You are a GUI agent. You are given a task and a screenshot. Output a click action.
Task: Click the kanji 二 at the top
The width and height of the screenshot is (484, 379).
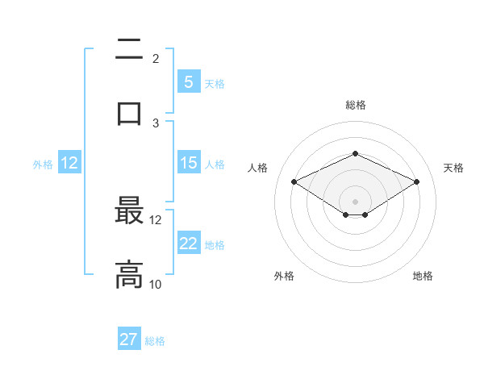click(x=129, y=51)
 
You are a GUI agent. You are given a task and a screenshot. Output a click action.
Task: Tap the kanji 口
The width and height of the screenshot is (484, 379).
click(x=129, y=113)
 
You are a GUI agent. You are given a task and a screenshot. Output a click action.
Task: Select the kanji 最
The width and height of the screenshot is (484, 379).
click(x=129, y=212)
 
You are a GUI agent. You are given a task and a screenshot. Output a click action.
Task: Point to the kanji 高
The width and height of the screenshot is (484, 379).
click(x=129, y=274)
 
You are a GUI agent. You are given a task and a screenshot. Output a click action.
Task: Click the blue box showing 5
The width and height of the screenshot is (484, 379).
click(x=188, y=81)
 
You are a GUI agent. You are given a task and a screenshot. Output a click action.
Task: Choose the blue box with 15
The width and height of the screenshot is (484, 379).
click(x=188, y=163)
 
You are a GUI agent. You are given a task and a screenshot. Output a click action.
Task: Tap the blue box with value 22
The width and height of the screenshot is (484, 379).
click(x=188, y=244)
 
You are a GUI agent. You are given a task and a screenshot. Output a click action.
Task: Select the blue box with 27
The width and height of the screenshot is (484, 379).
click(x=129, y=339)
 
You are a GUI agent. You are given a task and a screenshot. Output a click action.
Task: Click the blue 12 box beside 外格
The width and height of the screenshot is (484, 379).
click(x=69, y=163)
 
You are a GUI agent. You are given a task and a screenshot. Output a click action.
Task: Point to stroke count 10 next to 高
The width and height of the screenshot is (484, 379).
click(x=156, y=285)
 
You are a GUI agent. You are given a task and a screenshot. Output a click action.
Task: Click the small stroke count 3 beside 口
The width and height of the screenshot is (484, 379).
click(x=156, y=123)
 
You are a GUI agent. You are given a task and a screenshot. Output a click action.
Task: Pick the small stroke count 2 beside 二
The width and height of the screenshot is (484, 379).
click(x=156, y=59)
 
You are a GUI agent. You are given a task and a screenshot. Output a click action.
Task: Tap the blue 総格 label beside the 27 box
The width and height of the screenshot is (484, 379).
click(x=155, y=341)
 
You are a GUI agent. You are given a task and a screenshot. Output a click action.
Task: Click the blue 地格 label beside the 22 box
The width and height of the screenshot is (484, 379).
click(x=215, y=245)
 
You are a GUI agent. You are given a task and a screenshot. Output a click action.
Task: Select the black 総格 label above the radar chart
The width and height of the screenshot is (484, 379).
click(x=355, y=106)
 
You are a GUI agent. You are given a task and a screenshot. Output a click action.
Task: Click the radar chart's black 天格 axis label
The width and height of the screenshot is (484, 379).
click(x=453, y=168)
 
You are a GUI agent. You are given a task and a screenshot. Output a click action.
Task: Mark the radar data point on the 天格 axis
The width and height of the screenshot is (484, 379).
click(x=417, y=182)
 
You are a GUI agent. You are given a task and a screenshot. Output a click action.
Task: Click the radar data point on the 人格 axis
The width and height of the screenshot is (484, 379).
click(x=294, y=182)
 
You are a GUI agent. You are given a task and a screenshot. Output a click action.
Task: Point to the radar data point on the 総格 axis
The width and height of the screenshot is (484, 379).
click(x=355, y=153)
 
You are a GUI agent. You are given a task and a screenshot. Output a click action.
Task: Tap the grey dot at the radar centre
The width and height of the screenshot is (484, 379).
click(x=355, y=201)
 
